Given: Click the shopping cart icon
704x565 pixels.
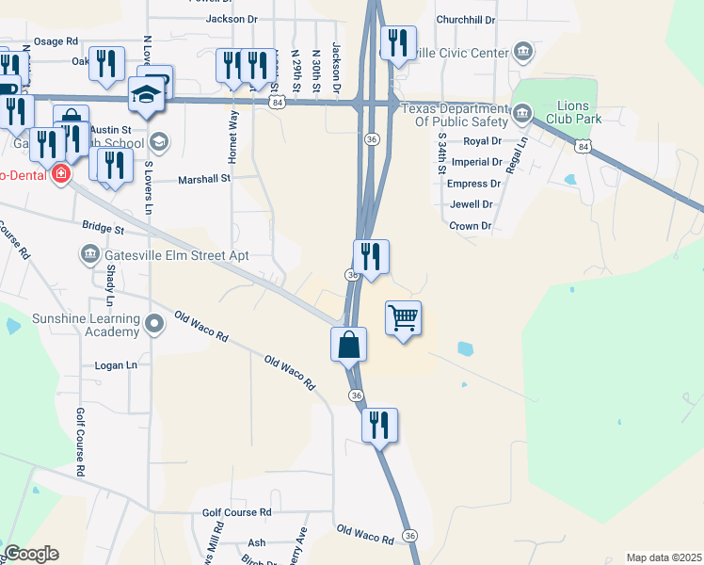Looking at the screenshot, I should point(403,319).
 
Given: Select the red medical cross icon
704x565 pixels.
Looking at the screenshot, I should point(61,174).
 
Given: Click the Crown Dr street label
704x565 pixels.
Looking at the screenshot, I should point(471,226).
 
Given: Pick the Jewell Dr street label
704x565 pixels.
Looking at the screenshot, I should point(472,204).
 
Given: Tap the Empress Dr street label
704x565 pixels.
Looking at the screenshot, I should point(474,184).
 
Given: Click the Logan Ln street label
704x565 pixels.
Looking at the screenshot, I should point(116,364).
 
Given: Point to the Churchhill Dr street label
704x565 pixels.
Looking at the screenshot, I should point(466,19).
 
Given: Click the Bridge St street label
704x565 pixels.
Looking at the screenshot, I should point(104,228).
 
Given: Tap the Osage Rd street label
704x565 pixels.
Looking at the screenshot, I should point(56,41).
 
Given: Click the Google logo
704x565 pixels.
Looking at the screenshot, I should point(32,554).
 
